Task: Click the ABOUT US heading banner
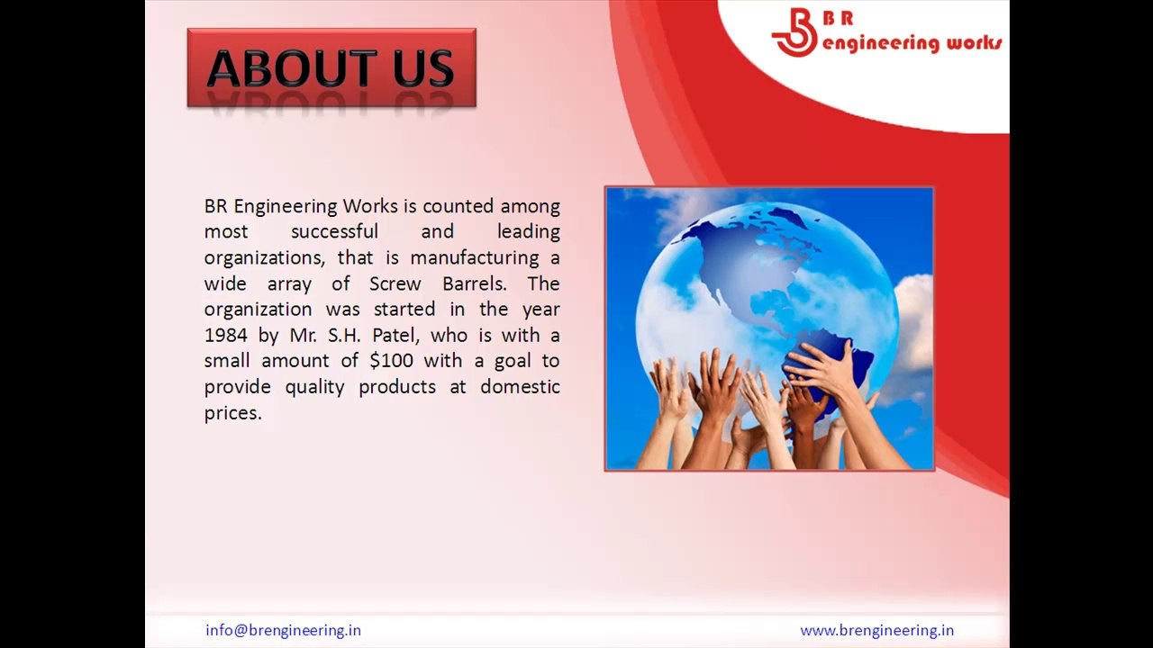tap(331, 68)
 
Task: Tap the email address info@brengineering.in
tap(283, 630)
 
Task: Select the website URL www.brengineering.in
tap(876, 630)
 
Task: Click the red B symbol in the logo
tap(794, 32)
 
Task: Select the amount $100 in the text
tap(391, 361)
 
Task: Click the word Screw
tap(395, 283)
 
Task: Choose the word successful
tap(334, 232)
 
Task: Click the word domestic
tap(520, 387)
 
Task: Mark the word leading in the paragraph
tap(528, 232)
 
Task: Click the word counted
tap(458, 206)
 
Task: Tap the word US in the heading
tap(422, 69)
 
